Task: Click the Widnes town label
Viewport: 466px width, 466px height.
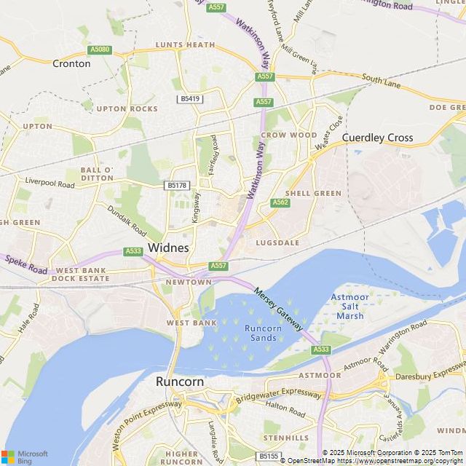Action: point(168,248)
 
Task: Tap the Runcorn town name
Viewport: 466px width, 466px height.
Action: point(180,382)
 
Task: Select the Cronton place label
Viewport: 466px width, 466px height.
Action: point(71,63)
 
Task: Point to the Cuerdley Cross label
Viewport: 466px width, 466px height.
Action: point(377,138)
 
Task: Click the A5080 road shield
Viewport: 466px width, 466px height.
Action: point(99,50)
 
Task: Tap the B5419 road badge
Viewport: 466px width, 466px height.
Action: point(190,98)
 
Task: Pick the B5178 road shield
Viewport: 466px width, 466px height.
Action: point(177,186)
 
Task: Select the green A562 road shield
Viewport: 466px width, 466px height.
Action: point(280,202)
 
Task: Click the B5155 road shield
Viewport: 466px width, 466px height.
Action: point(269,456)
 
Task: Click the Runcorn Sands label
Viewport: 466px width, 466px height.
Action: point(261,333)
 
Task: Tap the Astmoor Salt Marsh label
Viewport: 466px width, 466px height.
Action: point(350,307)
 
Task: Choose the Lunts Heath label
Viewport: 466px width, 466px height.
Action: point(185,44)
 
